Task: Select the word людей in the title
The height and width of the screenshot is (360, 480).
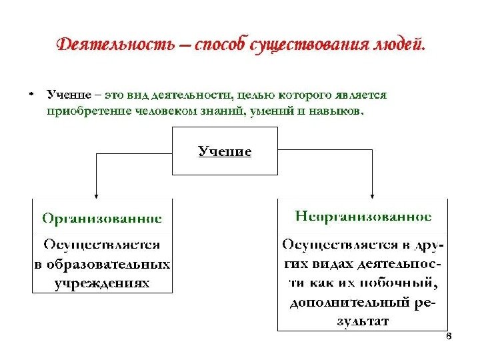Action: coord(394,45)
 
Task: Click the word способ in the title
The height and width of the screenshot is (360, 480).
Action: coord(221,45)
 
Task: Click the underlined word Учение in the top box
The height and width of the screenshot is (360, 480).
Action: coord(225,152)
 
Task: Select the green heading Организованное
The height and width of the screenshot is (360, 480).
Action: coord(102,218)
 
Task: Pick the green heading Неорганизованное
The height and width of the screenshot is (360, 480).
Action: coord(363,217)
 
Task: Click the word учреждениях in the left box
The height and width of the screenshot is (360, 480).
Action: coord(102,283)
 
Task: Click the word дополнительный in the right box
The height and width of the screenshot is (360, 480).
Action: coord(349,302)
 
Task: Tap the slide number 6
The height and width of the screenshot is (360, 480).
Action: coord(448,337)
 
